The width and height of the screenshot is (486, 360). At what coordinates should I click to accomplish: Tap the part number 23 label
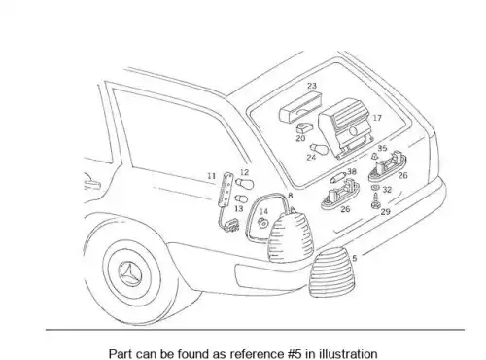[x=312, y=86]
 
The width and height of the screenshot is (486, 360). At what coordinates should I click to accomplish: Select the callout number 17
[x=377, y=118]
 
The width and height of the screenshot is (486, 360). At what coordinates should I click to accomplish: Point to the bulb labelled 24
[x=319, y=149]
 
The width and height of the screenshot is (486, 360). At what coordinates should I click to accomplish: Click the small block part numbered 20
[x=304, y=128]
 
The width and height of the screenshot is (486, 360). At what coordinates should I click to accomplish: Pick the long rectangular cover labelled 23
[x=300, y=107]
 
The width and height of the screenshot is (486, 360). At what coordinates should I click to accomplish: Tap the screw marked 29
[x=375, y=201]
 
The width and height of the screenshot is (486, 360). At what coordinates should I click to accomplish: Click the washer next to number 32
[x=376, y=188]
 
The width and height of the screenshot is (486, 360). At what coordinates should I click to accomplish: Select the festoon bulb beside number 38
[x=337, y=177]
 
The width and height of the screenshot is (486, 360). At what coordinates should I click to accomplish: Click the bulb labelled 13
[x=241, y=198]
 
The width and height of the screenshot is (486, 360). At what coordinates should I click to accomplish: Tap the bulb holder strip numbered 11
[x=226, y=189]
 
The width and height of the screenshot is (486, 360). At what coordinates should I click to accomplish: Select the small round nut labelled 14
[x=262, y=223]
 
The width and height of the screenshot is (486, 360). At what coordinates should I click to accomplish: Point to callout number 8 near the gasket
[x=290, y=196]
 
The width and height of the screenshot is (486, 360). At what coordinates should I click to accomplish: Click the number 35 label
[x=382, y=148]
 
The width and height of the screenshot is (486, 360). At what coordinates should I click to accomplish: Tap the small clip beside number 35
[x=374, y=157]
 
